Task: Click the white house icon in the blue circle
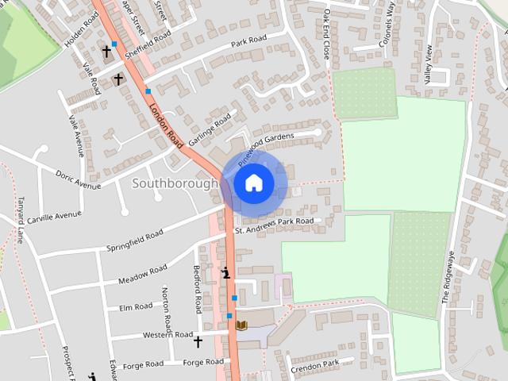253,183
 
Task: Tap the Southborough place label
174,183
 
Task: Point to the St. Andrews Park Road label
274,225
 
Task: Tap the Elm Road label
135,307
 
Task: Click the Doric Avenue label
78,179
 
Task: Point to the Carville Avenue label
54,215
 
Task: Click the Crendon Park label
314,364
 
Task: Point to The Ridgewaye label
448,278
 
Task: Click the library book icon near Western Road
242,325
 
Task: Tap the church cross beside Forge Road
198,342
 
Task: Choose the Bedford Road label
198,290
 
